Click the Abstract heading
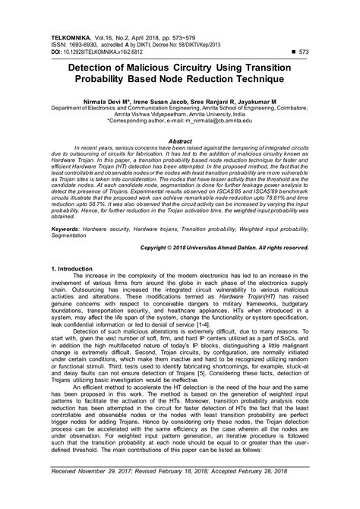click(180, 141)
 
